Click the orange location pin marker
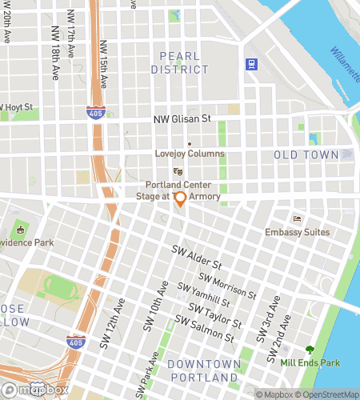point(181,198)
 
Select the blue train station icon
point(251,64)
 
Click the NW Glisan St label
point(182,119)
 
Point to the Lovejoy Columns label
point(190,154)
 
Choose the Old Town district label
point(306,154)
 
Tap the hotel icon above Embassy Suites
point(298,218)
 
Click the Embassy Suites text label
point(298,232)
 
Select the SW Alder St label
point(196,257)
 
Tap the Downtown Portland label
point(204,370)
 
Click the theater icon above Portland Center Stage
point(179,171)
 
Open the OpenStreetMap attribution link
point(327,394)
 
